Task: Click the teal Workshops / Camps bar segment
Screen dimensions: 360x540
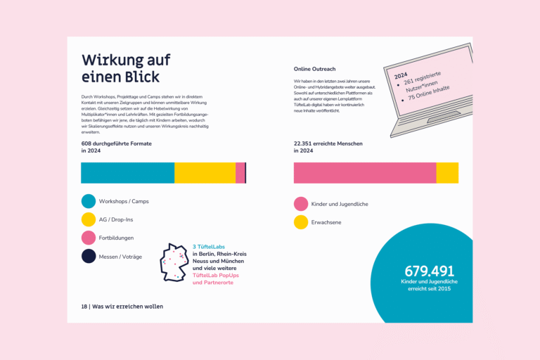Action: pos(127,173)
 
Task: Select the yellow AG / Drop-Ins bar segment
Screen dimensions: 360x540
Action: pos(205,173)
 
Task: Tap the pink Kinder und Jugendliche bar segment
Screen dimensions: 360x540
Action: pos(365,173)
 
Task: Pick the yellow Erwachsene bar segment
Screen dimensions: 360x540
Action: pos(447,173)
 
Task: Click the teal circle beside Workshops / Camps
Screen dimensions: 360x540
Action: pos(89,201)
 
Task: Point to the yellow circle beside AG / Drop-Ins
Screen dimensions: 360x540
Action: pos(89,219)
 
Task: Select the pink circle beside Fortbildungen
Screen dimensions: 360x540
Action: pos(89,238)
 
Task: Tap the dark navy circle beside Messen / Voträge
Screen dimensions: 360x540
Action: pos(89,256)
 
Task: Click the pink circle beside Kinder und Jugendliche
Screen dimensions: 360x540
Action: pos(301,204)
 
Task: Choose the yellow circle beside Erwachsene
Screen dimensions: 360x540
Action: pos(301,222)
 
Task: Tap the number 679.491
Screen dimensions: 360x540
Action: pos(429,271)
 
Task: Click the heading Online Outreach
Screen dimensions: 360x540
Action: pos(314,69)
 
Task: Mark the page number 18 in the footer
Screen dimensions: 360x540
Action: pos(84,307)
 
